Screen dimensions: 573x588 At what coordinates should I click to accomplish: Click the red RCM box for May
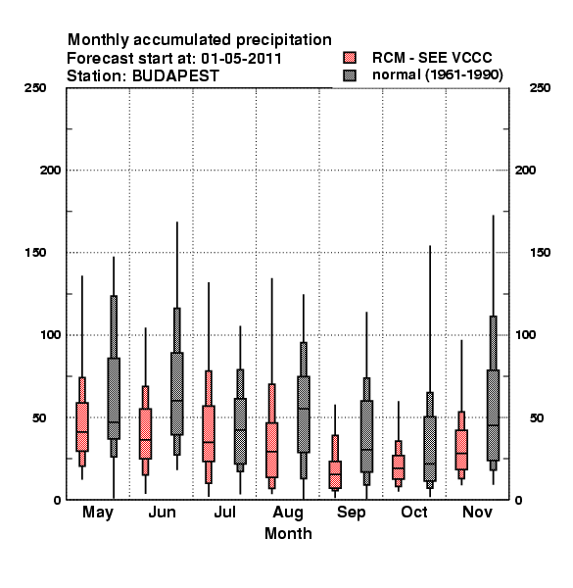click(82, 426)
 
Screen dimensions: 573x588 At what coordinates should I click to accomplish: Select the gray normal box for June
click(177, 394)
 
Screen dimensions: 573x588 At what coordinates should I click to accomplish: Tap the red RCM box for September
click(335, 474)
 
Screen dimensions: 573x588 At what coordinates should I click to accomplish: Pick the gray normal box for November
click(494, 416)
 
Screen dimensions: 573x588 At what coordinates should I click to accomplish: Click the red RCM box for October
click(399, 467)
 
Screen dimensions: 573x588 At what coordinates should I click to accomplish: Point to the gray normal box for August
click(304, 415)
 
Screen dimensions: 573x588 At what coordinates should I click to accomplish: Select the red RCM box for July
click(209, 433)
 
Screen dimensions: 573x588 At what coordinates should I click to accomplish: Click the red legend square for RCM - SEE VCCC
click(350, 58)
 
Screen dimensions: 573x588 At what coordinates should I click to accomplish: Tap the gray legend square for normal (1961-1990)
click(350, 75)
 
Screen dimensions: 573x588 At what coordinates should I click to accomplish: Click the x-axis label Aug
click(288, 513)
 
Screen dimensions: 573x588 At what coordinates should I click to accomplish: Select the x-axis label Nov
click(477, 512)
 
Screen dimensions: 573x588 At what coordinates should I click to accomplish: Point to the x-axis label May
click(98, 513)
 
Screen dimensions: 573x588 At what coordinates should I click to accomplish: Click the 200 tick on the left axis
click(50, 171)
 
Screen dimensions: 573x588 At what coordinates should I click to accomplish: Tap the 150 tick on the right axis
click(540, 253)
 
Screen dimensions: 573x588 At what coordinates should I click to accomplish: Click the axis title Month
click(288, 534)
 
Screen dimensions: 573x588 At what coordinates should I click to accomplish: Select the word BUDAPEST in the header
click(175, 76)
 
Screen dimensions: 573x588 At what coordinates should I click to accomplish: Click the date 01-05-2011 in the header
click(241, 58)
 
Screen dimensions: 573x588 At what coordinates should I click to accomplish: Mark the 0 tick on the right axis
click(518, 500)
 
